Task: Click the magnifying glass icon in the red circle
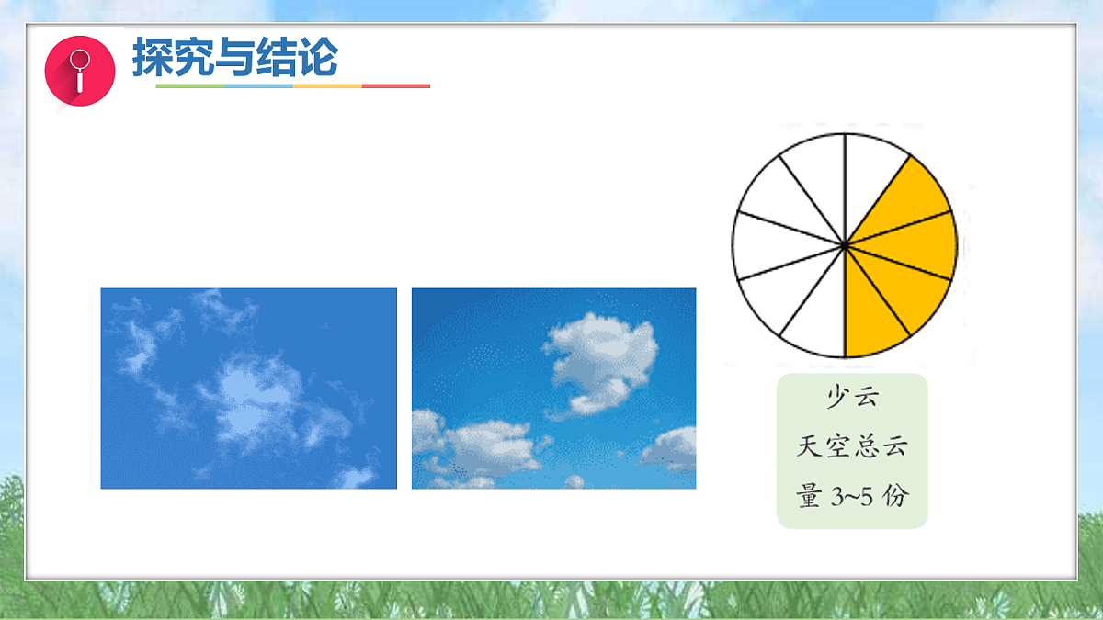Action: click(79, 70)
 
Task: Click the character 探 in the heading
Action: click(153, 58)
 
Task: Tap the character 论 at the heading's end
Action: click(317, 58)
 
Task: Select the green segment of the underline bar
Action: click(189, 86)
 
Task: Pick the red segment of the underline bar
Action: click(396, 86)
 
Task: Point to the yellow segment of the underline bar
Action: click(327, 86)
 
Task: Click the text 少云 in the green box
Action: click(852, 398)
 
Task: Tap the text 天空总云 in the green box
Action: click(852, 447)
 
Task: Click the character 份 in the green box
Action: click(895, 497)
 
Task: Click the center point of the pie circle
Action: click(845, 245)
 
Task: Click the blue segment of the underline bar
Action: click(258, 86)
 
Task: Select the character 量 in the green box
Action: click(809, 497)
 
